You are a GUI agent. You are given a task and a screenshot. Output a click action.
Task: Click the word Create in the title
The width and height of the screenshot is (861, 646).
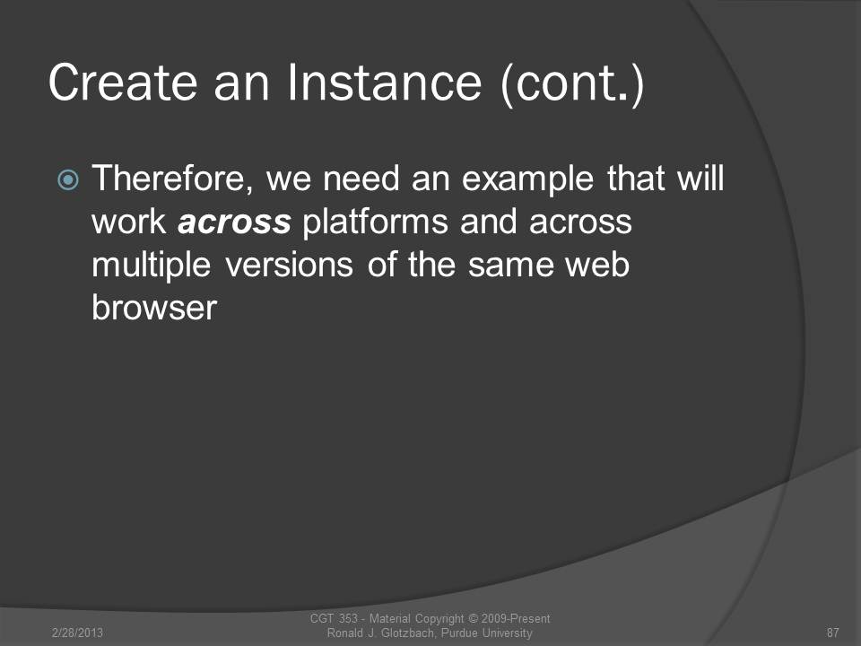click(123, 83)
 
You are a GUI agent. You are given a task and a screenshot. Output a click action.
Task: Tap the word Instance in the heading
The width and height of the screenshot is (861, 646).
click(385, 83)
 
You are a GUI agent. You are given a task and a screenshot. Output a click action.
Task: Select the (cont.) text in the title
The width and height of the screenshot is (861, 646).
click(572, 84)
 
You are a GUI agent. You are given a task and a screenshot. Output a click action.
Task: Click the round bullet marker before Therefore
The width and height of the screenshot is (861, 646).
click(68, 179)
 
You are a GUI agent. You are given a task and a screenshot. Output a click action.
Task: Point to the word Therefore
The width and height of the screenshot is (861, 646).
click(172, 179)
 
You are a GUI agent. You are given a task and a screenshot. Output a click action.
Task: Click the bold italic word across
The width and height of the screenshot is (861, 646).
click(234, 223)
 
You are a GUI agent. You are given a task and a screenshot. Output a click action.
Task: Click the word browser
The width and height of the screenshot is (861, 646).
click(154, 308)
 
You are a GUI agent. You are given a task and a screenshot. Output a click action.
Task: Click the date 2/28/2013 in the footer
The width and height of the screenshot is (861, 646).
click(77, 633)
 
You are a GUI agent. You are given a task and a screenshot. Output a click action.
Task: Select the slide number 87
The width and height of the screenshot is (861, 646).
click(833, 633)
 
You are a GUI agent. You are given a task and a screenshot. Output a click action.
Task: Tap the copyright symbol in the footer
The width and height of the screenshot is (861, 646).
click(473, 618)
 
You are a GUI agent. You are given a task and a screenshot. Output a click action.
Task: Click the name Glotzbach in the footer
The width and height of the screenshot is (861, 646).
click(407, 633)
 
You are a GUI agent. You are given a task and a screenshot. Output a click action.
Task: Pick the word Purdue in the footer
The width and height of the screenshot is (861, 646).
click(459, 633)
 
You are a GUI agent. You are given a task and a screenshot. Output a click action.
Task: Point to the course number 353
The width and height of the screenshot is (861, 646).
click(348, 618)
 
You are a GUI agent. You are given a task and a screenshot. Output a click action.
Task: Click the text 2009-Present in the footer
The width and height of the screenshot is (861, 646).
click(516, 618)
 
